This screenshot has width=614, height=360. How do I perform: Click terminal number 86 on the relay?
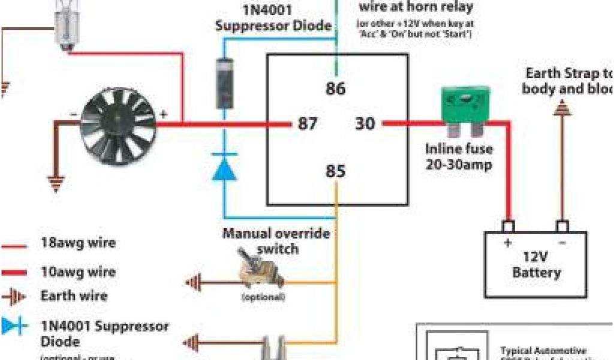[336, 89]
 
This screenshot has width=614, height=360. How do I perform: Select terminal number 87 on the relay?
[308, 124]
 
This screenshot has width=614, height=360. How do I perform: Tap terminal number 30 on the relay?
[365, 124]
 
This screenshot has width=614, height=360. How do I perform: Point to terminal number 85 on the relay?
[336, 172]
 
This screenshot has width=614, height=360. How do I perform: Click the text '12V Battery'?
[536, 265]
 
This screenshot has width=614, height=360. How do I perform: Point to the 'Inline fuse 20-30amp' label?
[459, 156]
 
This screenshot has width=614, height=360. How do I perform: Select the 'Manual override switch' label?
[276, 240]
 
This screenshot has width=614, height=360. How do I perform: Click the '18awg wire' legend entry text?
[78, 244]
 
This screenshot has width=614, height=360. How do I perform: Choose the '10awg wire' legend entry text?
[78, 271]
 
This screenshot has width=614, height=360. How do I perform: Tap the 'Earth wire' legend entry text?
[74, 296]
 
